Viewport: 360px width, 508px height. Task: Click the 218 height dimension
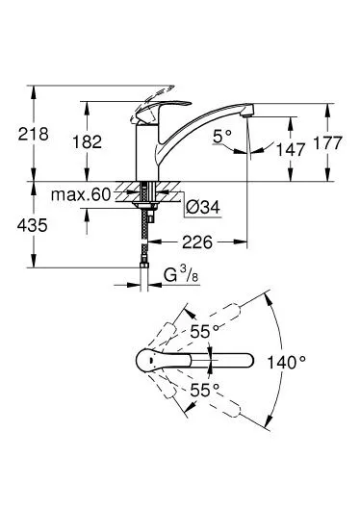pyautogui.click(x=33, y=134)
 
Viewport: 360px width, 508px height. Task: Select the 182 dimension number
pyautogui.click(x=87, y=141)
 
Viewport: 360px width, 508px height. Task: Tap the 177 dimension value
pyautogui.click(x=327, y=142)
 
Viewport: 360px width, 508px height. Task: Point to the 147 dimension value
pyautogui.click(x=291, y=149)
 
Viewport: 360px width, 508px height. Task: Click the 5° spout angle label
pyautogui.click(x=222, y=137)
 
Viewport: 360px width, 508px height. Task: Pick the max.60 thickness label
pyautogui.click(x=81, y=194)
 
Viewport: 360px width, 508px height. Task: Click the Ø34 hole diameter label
pyautogui.click(x=203, y=208)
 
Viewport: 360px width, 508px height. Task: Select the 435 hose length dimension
pyautogui.click(x=33, y=225)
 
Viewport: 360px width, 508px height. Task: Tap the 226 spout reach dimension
pyautogui.click(x=197, y=241)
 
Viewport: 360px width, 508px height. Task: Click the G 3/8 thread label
pyautogui.click(x=181, y=275)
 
